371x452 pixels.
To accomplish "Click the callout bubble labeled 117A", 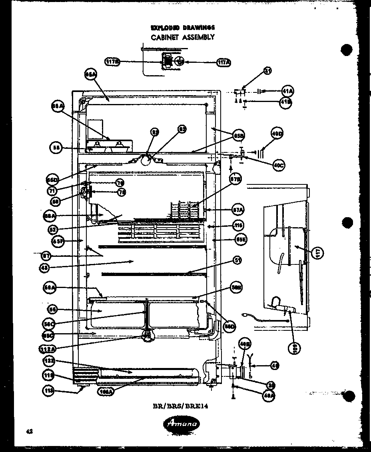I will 224,62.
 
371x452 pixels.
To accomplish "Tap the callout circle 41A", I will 287,92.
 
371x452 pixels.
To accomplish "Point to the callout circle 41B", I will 286,102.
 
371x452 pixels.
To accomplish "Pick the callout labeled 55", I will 56,148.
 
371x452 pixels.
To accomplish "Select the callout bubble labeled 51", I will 238,261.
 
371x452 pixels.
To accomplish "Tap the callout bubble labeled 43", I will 45,268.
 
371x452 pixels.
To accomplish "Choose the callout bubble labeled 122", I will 48,361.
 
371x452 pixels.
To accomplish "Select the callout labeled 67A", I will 238,209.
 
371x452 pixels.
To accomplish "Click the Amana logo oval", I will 182,424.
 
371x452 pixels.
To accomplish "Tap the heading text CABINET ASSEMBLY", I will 182,37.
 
